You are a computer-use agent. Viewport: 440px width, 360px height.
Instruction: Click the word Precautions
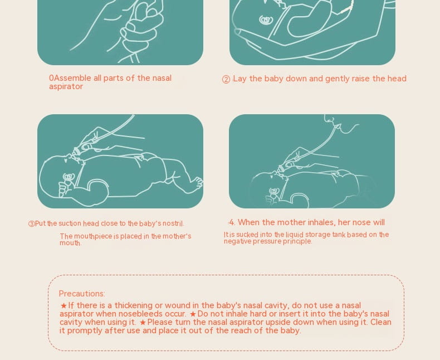click(82, 294)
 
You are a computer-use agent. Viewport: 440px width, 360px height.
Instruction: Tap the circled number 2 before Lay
click(226, 80)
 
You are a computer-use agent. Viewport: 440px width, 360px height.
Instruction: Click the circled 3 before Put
click(31, 224)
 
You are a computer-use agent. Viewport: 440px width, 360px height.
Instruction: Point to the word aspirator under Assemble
click(66, 86)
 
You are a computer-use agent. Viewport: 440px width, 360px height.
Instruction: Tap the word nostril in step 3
click(173, 223)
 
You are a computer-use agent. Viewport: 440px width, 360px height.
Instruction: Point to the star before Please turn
click(143, 322)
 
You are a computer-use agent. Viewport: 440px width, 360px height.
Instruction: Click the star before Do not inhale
click(193, 314)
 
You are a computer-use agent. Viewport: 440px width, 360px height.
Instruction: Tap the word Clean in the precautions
click(380, 322)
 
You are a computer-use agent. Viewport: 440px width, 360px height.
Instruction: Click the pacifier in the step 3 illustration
click(69, 177)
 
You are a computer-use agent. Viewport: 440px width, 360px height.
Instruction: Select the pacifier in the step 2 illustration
click(266, 20)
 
